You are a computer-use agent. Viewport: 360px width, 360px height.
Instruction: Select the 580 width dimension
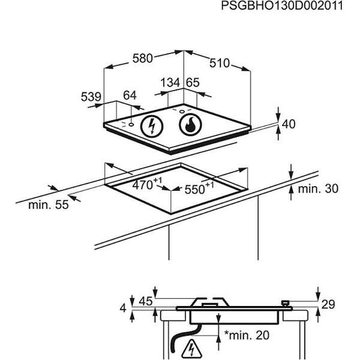(143, 59)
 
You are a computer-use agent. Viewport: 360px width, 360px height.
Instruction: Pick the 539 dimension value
(91, 95)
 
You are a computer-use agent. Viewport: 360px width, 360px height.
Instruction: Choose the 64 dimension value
(130, 95)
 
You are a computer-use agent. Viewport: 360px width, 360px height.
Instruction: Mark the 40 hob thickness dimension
(289, 124)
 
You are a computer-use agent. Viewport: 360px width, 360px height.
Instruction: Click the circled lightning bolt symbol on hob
(152, 127)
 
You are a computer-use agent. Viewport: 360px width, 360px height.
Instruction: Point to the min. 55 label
(48, 205)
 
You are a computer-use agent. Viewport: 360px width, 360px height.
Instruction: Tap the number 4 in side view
(124, 308)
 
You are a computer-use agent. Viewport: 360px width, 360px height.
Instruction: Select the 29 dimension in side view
(327, 305)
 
